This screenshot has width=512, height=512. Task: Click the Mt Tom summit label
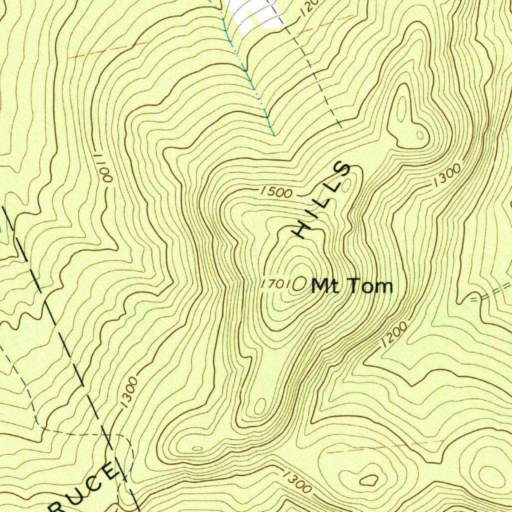352,286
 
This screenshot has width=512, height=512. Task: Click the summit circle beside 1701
300,284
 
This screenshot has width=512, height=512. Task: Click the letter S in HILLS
344,170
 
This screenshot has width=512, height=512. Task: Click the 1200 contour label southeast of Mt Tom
393,334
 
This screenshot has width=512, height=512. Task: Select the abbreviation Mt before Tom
322,286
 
